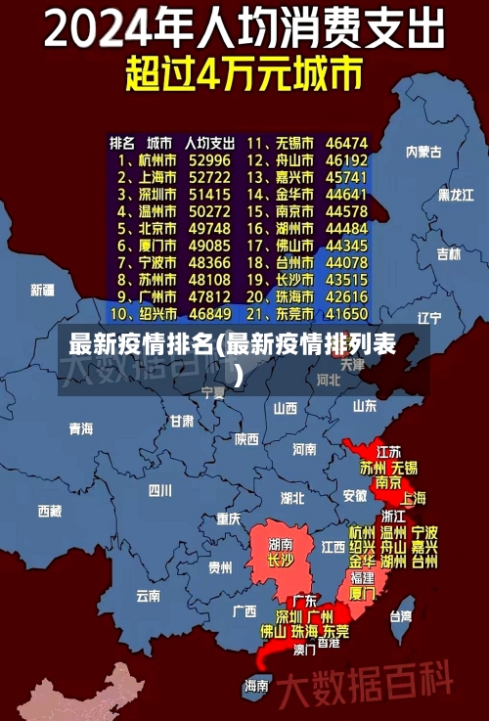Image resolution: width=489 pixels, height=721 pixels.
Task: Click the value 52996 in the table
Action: pyautogui.click(x=209, y=159)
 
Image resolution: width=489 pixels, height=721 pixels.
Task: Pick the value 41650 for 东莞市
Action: pyautogui.click(x=346, y=314)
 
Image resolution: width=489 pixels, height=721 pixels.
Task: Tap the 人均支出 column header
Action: pyautogui.click(x=209, y=142)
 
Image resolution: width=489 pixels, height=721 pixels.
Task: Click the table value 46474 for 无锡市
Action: pyautogui.click(x=346, y=142)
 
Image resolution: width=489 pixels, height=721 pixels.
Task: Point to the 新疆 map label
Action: pyautogui.click(x=43, y=290)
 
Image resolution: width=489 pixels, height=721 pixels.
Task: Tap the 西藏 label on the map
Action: pyautogui.click(x=50, y=511)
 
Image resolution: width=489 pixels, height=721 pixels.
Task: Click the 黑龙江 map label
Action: pyautogui.click(x=456, y=195)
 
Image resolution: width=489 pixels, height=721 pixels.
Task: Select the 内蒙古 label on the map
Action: pyautogui.click(x=423, y=152)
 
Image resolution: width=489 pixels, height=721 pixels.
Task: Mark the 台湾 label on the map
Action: pyautogui.click(x=401, y=616)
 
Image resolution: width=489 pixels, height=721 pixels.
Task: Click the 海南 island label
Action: pyautogui.click(x=256, y=685)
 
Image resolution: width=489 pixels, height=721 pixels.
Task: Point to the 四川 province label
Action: pyautogui.click(x=159, y=490)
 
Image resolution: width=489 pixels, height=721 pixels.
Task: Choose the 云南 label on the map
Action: pyautogui.click(x=148, y=594)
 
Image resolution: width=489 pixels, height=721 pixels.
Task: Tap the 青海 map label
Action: pyautogui.click(x=81, y=428)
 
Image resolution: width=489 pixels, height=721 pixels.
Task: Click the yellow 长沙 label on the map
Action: pyautogui.click(x=281, y=561)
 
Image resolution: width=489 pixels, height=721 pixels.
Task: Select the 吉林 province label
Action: pyautogui.click(x=448, y=253)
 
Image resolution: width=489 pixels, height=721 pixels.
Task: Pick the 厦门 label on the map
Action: pyautogui.click(x=362, y=593)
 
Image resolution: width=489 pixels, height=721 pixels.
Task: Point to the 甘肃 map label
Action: pyautogui.click(x=182, y=422)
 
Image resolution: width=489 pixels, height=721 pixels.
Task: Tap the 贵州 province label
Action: pyautogui.click(x=220, y=566)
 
